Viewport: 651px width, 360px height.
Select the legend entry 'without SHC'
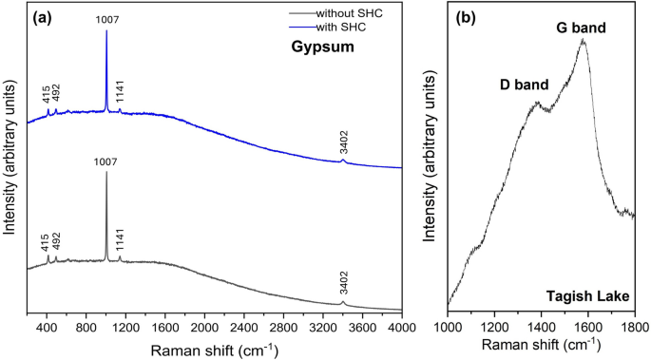(334, 13)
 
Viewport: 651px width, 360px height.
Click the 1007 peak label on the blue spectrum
(106, 18)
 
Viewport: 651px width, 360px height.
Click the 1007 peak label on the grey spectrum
(106, 162)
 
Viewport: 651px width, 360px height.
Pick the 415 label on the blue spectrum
(47, 95)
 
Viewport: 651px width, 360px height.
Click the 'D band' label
(524, 85)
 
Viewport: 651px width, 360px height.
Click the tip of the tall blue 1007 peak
(106, 30)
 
